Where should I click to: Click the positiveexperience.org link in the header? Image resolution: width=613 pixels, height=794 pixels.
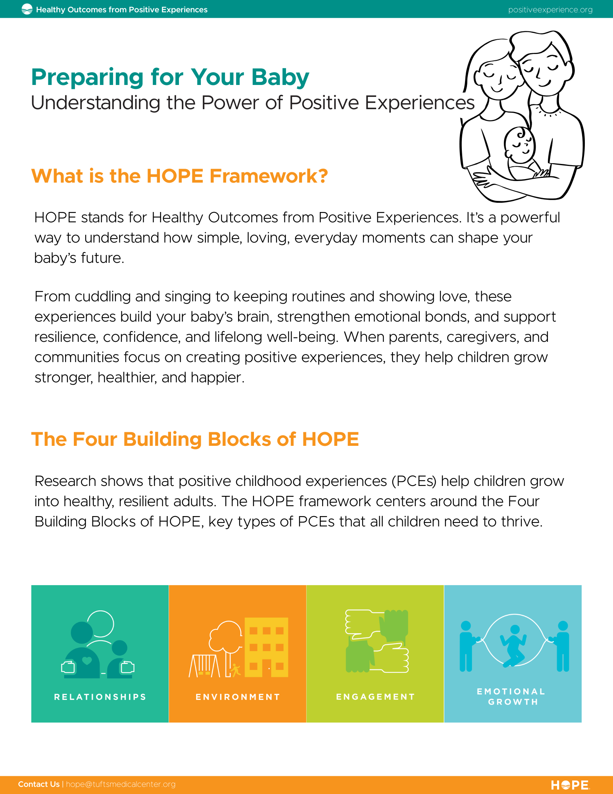pos(550,10)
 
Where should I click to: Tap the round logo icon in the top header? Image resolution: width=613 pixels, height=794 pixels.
pos(27,9)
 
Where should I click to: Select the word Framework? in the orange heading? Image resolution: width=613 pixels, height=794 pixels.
pos(269,176)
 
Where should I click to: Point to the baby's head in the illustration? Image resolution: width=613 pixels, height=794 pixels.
pos(520,144)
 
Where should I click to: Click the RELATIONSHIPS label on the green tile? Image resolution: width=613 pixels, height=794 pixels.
pos(100,697)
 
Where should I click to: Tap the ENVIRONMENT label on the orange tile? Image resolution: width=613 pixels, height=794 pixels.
pos(238,697)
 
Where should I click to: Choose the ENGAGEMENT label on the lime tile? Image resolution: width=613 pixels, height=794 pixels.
pos(375,697)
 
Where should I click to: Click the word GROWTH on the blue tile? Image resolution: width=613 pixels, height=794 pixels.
pos(513,702)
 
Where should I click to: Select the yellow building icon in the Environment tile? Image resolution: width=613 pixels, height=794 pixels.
pos(266,647)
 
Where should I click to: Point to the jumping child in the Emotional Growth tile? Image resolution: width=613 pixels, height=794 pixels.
pos(513,646)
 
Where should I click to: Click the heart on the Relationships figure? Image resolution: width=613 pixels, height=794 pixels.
pos(86,661)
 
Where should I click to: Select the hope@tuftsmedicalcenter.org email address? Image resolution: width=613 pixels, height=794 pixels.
pos(121,784)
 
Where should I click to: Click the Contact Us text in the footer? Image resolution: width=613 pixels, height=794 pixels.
pos(39,784)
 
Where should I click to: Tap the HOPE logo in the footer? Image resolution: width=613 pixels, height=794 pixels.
pos(570,785)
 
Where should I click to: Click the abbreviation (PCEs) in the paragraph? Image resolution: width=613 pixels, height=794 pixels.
pos(414,481)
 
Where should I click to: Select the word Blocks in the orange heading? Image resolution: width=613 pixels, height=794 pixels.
pos(239,439)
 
